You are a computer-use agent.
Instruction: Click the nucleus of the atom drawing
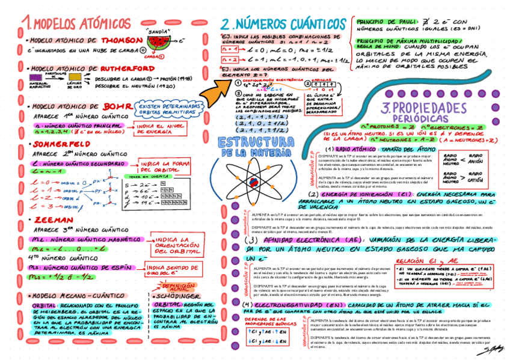pyautogui.click(x=256, y=180)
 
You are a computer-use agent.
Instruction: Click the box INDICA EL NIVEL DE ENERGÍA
pyautogui.click(x=159, y=129)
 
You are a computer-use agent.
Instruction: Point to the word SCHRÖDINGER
pyautogui.click(x=176, y=296)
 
